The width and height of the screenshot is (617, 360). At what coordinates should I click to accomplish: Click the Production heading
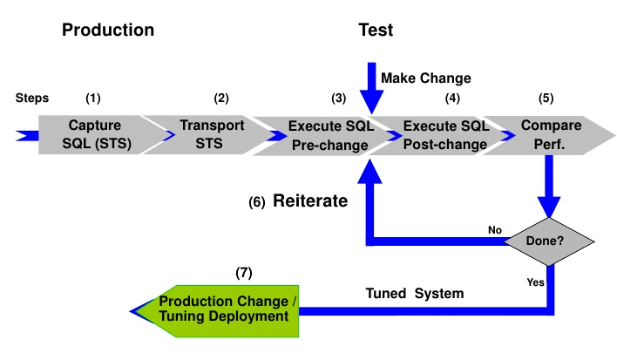tap(108, 31)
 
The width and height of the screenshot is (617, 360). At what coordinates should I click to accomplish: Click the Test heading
tap(376, 31)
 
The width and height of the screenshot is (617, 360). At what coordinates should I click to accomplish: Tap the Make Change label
tap(426, 78)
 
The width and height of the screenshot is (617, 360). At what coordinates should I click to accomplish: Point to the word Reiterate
tap(310, 201)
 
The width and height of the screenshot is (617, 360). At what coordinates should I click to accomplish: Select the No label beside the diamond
tap(495, 230)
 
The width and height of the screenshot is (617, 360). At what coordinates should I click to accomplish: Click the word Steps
tap(32, 98)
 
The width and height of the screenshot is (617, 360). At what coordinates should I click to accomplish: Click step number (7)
tap(244, 273)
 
